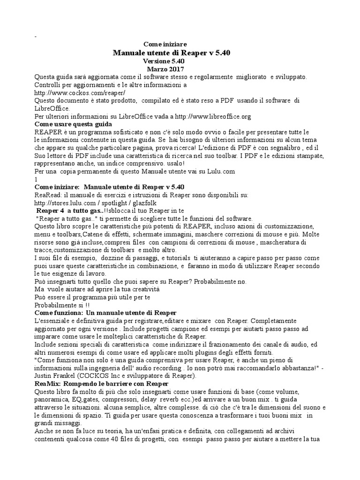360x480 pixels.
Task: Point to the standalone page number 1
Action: (36, 179)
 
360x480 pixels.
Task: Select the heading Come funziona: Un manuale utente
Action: (105, 313)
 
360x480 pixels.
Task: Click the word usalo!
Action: (175, 164)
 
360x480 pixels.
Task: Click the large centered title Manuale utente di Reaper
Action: (172, 52)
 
